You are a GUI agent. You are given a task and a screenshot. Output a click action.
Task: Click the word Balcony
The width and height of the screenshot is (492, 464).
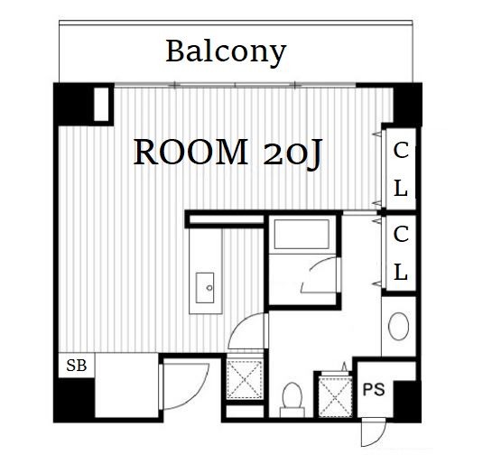(226, 52)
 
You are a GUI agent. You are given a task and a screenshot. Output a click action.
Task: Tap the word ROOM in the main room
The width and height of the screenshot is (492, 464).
(191, 153)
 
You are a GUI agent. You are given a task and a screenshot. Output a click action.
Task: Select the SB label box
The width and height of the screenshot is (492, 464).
(77, 366)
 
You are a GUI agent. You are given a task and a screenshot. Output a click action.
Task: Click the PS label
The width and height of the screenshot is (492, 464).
(374, 389)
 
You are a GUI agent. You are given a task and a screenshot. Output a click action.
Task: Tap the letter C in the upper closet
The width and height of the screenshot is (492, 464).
(401, 150)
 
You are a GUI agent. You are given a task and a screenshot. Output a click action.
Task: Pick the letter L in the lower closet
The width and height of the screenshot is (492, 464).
(401, 272)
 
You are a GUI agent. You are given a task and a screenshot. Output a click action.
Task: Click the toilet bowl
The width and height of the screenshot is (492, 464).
(292, 399)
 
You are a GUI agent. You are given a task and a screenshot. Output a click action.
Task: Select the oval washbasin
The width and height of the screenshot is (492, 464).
(398, 326)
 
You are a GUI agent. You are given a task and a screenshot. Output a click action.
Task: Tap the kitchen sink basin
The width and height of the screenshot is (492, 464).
(205, 288)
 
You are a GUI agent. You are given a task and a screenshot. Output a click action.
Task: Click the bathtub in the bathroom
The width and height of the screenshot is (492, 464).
(302, 234)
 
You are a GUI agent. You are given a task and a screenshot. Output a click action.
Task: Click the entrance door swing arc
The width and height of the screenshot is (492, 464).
(196, 395)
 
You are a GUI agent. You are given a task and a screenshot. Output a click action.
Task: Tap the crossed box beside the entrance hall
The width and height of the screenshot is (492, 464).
(245, 380)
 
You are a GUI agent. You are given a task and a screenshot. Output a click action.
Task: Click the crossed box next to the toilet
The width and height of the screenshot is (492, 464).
(335, 397)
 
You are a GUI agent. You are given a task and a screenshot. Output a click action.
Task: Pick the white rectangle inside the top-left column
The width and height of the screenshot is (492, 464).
(101, 104)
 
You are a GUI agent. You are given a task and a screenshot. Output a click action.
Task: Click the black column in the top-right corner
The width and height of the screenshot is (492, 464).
(407, 104)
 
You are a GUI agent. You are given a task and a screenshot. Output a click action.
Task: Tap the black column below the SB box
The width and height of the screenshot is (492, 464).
(75, 399)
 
